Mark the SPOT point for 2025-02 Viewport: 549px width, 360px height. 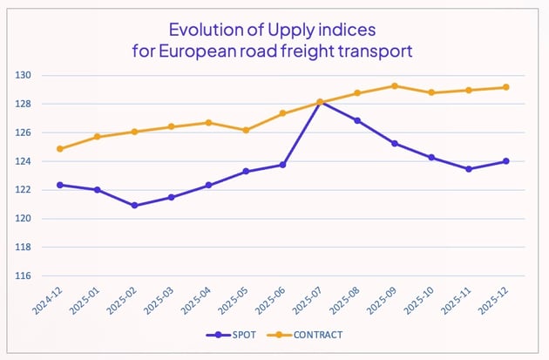coord(134,206)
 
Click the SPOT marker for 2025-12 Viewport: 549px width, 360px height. coord(506,160)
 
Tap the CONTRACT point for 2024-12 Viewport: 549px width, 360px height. coord(60,149)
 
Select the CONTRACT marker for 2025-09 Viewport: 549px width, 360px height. coord(395,85)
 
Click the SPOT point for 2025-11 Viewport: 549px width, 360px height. coord(469,169)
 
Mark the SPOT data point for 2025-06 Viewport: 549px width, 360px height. coord(283,165)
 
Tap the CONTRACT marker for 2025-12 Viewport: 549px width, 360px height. coord(506,87)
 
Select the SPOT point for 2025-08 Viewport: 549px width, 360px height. coord(357,120)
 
